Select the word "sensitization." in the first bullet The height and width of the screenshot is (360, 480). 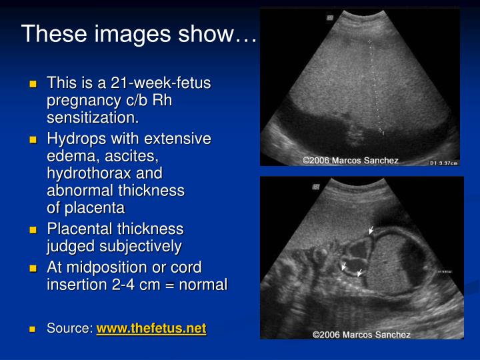(93, 118)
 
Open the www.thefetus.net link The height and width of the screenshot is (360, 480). (151, 329)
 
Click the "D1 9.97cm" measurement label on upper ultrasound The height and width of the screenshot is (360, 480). (444, 162)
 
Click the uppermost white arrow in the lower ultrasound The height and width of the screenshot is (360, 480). (371, 230)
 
